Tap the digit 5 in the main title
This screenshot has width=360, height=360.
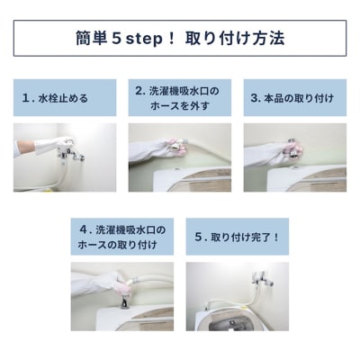[x=116, y=39]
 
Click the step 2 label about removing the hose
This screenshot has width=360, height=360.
[x=180, y=98]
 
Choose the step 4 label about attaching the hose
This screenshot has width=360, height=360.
[x=122, y=237]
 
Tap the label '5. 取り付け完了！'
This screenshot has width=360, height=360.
[x=238, y=237]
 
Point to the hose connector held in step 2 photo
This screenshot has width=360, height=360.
[x=177, y=145]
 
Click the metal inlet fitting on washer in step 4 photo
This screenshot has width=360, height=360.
[x=125, y=302]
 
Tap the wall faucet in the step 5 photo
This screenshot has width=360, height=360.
[x=262, y=280]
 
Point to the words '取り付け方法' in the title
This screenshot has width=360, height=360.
[x=235, y=39]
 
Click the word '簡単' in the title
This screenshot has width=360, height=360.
[x=91, y=39]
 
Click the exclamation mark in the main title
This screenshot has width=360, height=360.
[x=172, y=39]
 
